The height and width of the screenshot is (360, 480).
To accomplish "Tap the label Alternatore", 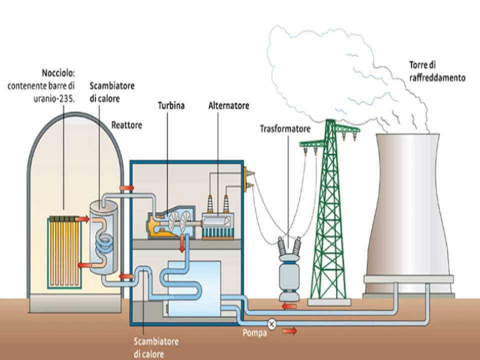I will (x=228, y=106).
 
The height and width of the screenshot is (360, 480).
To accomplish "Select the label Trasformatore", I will (x=285, y=129).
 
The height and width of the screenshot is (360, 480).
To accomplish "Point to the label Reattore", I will (x=126, y=125).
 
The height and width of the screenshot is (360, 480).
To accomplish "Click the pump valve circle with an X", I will (x=272, y=323).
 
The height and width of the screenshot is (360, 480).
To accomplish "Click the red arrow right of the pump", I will (x=289, y=330).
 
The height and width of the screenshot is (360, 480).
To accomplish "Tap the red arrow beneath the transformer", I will (x=289, y=306).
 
